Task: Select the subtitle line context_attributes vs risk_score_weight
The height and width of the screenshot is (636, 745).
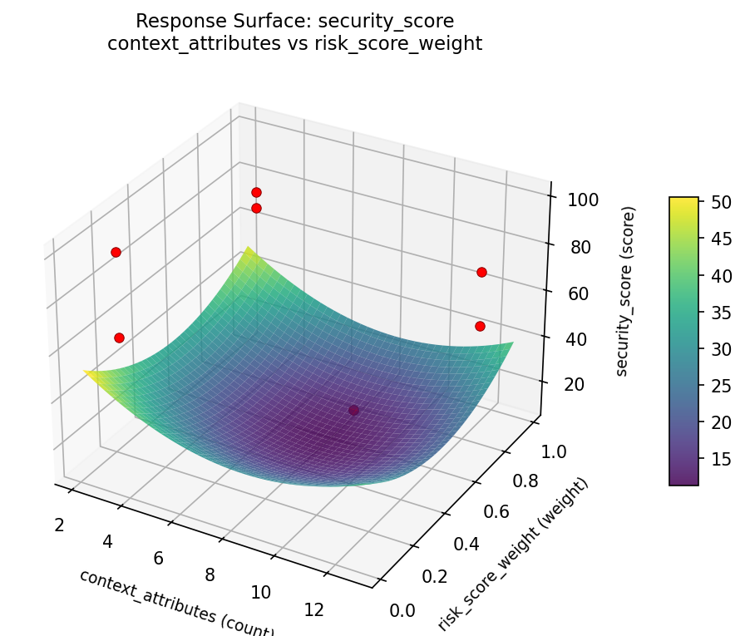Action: point(294,43)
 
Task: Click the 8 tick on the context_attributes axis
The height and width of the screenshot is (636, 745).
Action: point(210,574)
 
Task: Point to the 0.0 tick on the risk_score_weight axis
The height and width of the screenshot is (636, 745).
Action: point(402,611)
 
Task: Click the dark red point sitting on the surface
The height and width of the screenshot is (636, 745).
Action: point(354,410)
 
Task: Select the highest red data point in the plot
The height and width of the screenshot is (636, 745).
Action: point(256,193)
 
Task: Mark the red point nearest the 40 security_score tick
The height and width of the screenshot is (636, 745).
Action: point(480,326)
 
